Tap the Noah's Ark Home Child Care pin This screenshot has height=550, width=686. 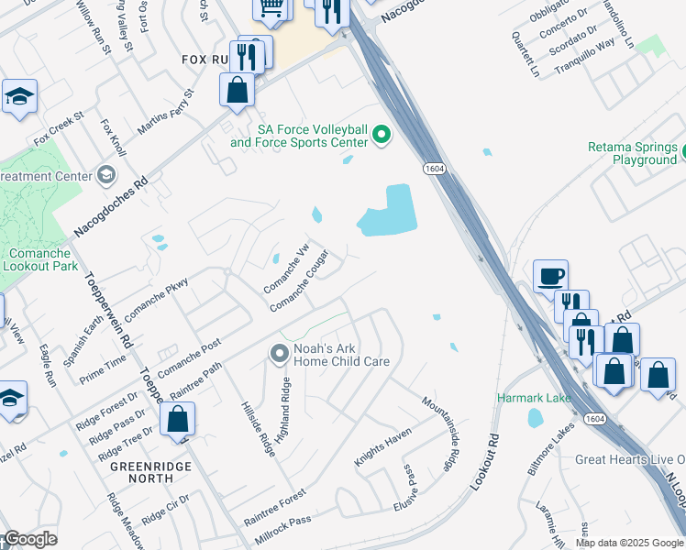(x=280, y=353)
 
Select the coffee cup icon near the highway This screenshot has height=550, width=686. (x=550, y=276)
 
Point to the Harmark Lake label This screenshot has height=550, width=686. (x=534, y=398)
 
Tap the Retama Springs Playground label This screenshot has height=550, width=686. (x=633, y=153)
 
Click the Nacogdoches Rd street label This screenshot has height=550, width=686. (x=110, y=196)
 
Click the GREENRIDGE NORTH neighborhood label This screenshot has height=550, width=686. (x=141, y=471)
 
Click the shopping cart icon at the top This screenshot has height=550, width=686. (x=271, y=7)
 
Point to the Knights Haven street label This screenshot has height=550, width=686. (x=383, y=446)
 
